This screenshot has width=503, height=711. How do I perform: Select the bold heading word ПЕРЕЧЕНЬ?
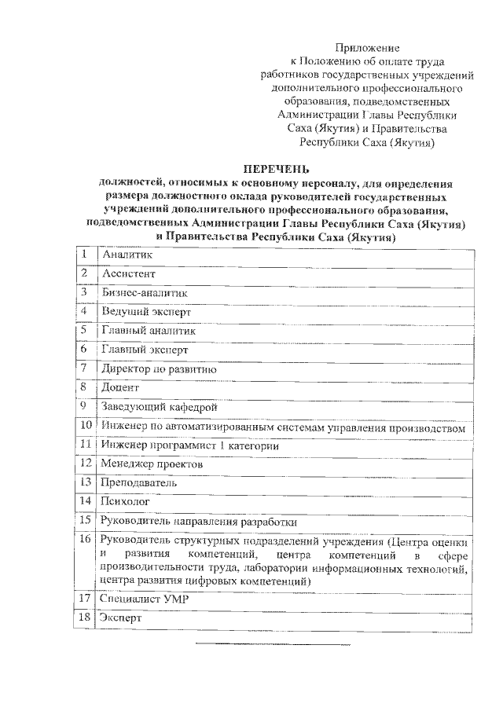pyautogui.click(x=276, y=169)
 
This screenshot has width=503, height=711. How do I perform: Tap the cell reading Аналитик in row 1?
pyautogui.click(x=127, y=255)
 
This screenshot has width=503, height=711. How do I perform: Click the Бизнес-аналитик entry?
pyautogui.click(x=145, y=293)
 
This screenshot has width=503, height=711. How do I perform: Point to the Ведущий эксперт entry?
pyautogui.click(x=145, y=312)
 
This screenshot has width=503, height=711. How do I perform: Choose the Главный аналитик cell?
pyautogui.click(x=148, y=331)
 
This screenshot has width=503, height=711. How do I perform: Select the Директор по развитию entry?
pyautogui.click(x=158, y=368)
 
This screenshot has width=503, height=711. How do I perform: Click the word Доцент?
pyautogui.click(x=119, y=387)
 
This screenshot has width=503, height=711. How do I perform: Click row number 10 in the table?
pyautogui.click(x=86, y=426)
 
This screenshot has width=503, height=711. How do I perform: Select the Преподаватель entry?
pyautogui.click(x=138, y=482)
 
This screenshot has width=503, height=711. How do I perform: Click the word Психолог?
pyautogui.click(x=124, y=500)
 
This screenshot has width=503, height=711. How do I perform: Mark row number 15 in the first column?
pyautogui.click(x=86, y=519)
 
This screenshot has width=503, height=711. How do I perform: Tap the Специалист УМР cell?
pyautogui.click(x=138, y=599)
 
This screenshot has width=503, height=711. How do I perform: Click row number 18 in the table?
pyautogui.click(x=86, y=618)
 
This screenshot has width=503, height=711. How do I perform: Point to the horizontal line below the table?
pyautogui.click(x=272, y=645)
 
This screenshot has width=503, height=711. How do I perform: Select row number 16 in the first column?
pyautogui.click(x=86, y=540)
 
